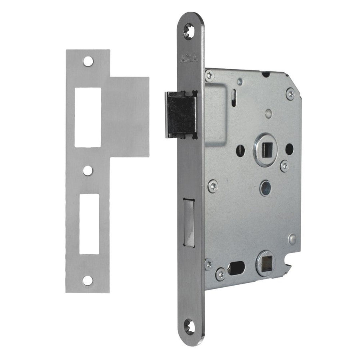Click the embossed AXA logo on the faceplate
[x=189, y=58]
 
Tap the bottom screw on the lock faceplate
[x=190, y=326]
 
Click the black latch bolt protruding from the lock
[x=180, y=115]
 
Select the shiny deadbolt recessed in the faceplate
[x=189, y=223]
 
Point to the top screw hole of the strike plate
[x=88, y=62]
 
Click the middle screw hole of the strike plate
[x=88, y=170]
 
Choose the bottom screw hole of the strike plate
[x=88, y=280]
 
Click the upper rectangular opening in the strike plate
[x=88, y=117]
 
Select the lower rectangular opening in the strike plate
[x=89, y=224]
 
